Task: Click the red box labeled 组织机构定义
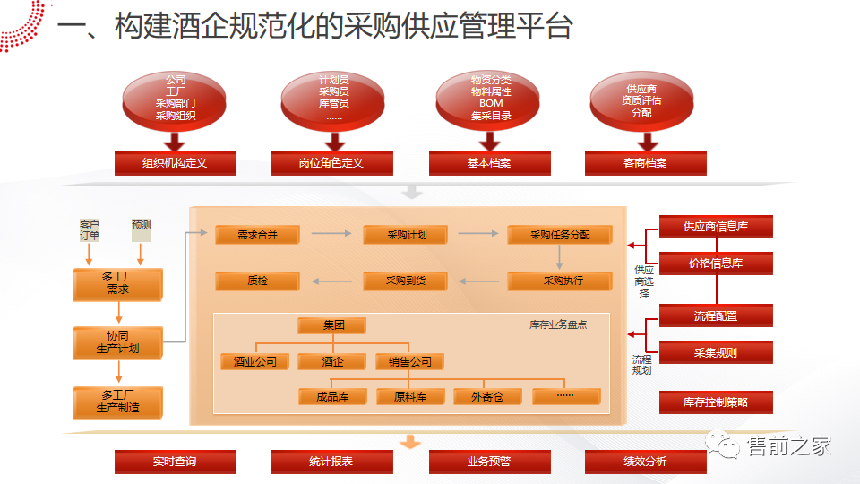click(176, 163)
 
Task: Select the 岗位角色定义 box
click(332, 163)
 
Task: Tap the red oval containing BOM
click(489, 99)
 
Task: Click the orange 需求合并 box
click(256, 235)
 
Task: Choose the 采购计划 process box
click(405, 235)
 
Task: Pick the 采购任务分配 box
click(559, 235)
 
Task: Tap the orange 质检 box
click(256, 281)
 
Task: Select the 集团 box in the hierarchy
click(332, 325)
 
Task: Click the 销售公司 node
click(409, 362)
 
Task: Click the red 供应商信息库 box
click(716, 228)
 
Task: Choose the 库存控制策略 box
click(716, 402)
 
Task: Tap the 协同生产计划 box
click(118, 342)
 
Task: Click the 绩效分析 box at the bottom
click(645, 462)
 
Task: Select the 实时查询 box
click(176, 462)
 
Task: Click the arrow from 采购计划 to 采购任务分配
click(477, 235)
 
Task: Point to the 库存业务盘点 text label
click(558, 324)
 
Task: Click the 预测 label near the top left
click(141, 225)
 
